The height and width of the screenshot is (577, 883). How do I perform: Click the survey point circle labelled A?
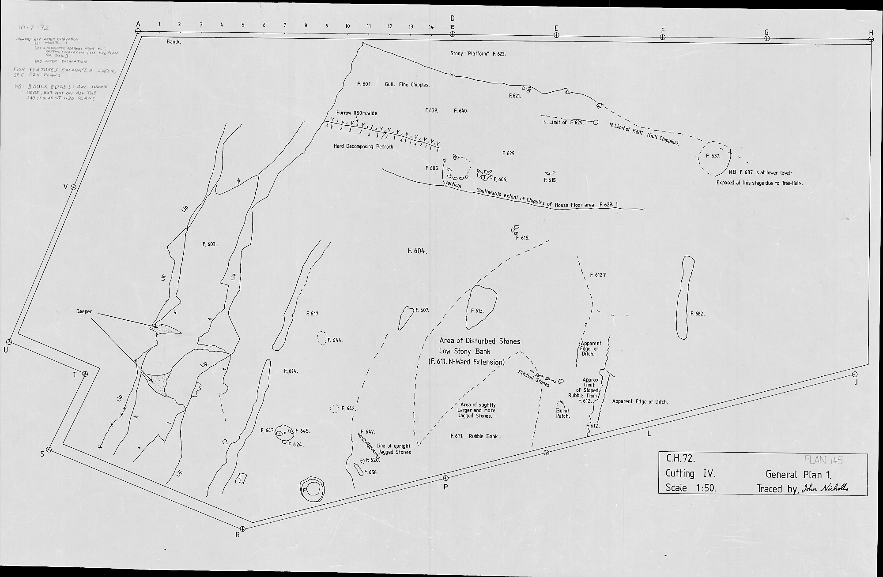(x=138, y=31)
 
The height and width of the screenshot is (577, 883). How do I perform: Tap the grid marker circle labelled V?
(x=74, y=187)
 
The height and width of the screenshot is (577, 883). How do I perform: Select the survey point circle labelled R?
(x=242, y=528)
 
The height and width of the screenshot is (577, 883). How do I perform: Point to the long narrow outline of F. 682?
(x=683, y=298)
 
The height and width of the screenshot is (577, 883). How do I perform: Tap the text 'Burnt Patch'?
(x=562, y=413)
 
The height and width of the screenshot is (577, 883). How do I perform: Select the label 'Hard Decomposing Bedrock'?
(x=363, y=146)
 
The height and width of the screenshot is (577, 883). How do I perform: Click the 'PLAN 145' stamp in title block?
(x=823, y=460)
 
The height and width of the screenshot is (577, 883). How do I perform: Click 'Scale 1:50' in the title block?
(x=690, y=488)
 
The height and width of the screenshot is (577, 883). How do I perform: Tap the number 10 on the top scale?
(x=347, y=26)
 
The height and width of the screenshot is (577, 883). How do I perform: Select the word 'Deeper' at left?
(x=84, y=311)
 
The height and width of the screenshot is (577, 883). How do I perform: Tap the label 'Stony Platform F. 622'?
(x=478, y=54)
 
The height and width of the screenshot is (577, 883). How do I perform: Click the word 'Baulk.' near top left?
(x=174, y=42)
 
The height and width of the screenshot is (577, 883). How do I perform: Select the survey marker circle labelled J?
(x=853, y=375)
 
